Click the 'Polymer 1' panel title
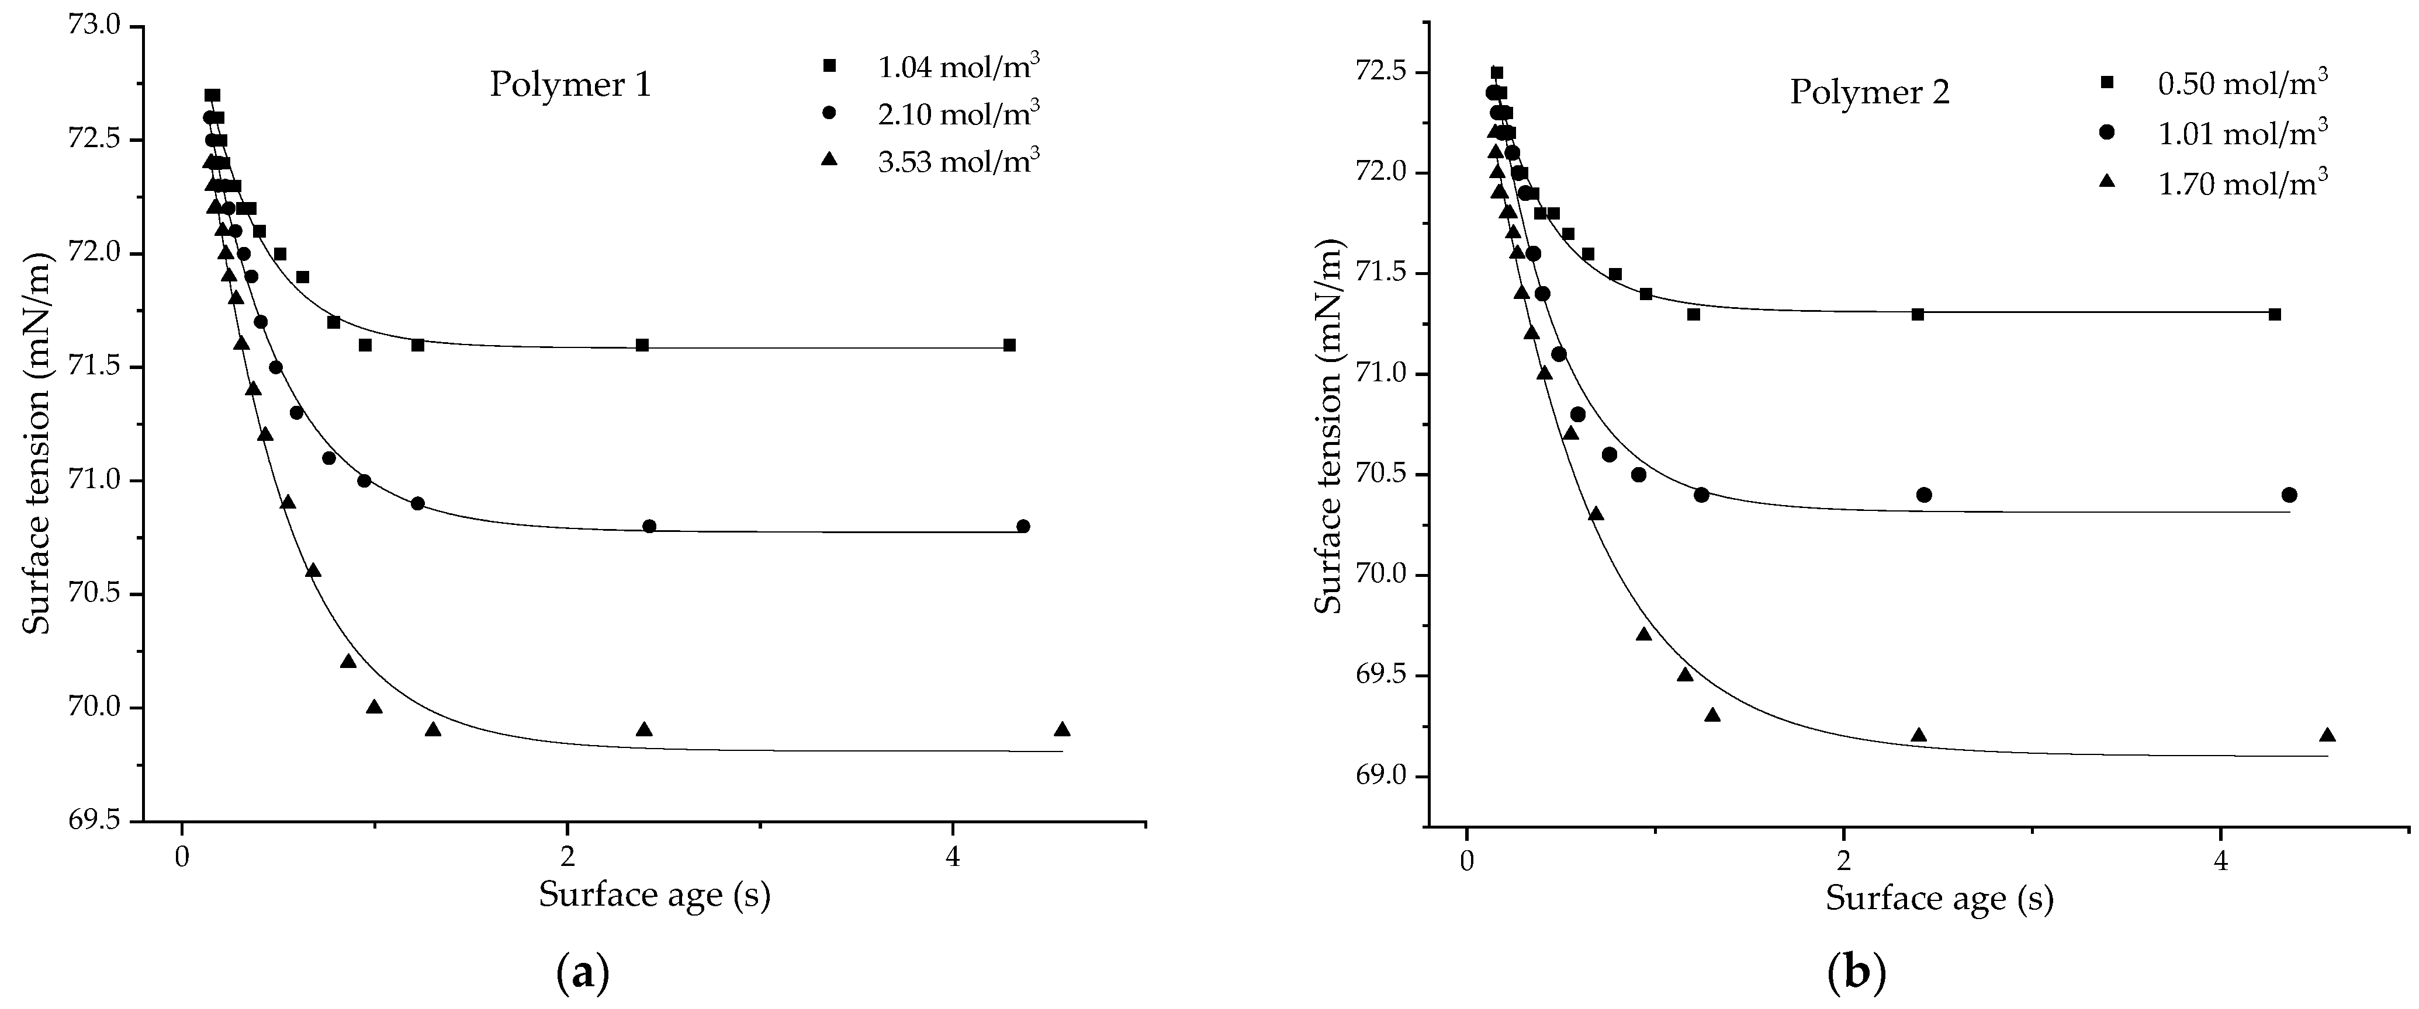(x=570, y=85)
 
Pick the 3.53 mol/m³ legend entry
(x=958, y=161)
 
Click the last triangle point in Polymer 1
(x=1062, y=729)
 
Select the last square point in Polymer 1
(x=1009, y=346)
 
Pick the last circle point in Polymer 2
(x=2289, y=495)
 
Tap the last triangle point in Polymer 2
(x=2327, y=735)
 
